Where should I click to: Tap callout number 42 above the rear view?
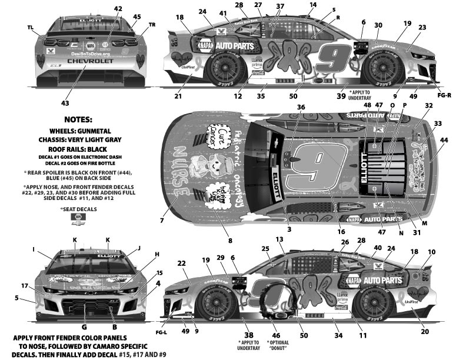click(x=118, y=9)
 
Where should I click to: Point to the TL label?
click(x=31, y=28)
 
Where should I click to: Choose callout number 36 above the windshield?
click(x=301, y=107)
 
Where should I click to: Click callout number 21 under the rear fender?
click(x=178, y=95)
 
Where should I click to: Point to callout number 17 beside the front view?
click(x=24, y=286)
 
